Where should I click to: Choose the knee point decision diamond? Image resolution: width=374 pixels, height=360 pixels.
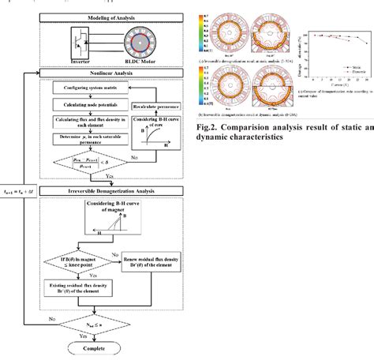pyautogui.click(x=79, y=263)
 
